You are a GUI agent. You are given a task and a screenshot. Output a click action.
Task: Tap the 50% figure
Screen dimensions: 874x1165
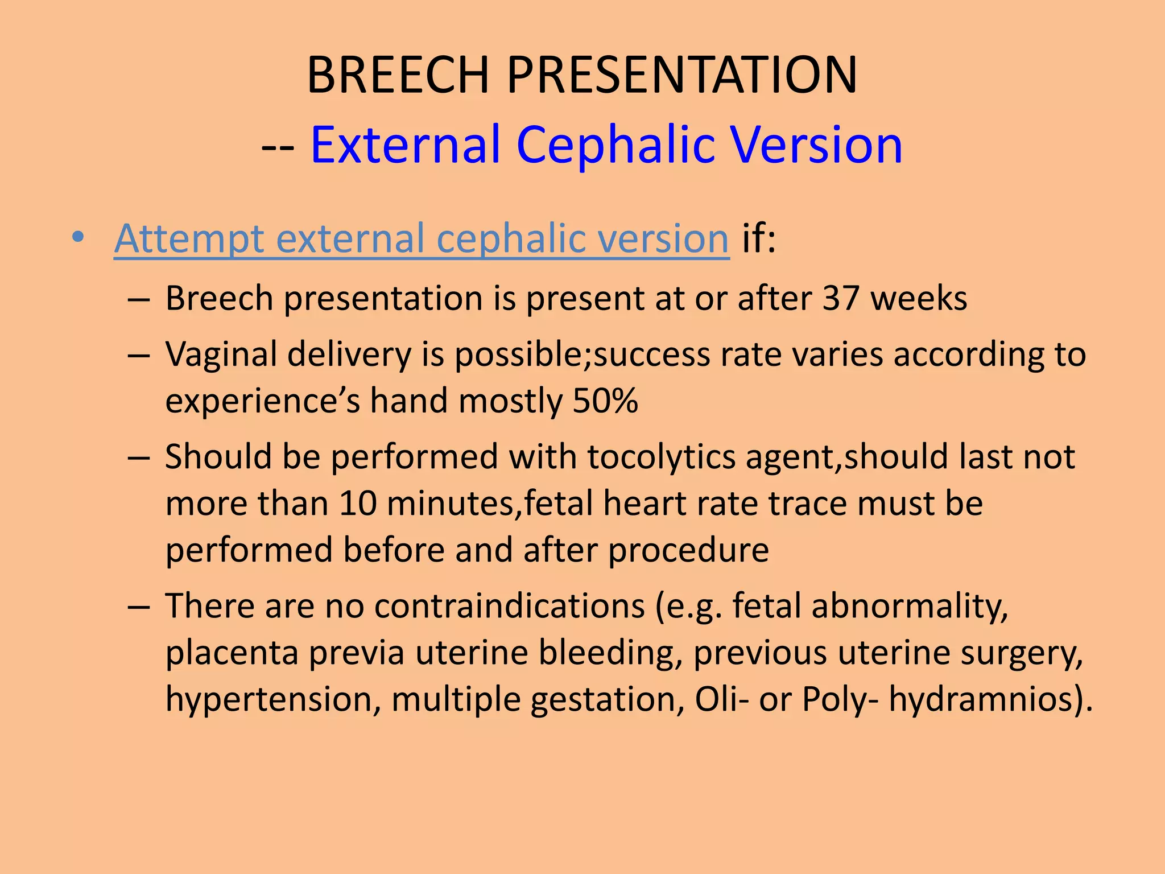pyautogui.click(x=605, y=401)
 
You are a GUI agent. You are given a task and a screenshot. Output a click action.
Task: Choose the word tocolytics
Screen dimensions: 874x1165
pyautogui.click(x=661, y=457)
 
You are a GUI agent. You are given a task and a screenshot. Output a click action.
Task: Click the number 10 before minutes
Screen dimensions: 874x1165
pyautogui.click(x=358, y=504)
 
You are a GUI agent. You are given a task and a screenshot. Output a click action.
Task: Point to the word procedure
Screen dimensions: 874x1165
pyautogui.click(x=688, y=551)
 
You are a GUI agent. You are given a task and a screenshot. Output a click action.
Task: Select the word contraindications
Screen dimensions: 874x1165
pyautogui.click(x=509, y=606)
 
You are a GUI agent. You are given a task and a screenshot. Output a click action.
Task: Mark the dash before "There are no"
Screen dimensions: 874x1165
pyautogui.click(x=138, y=607)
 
